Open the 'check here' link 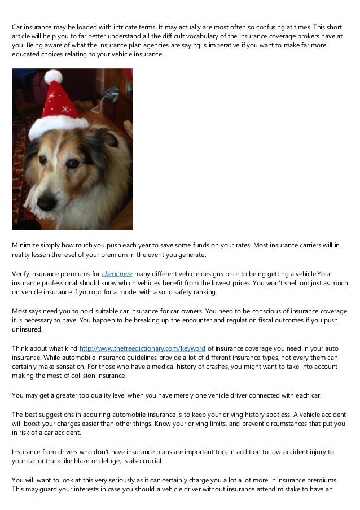pyautogui.click(x=117, y=274)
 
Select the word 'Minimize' pyautogui.click(x=27, y=245)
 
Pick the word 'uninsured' pyautogui.click(x=27, y=329)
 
